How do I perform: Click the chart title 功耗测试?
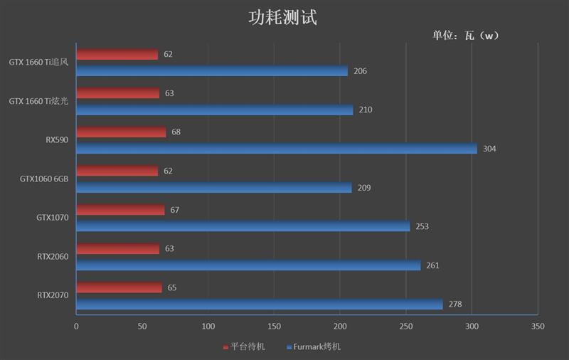click(283, 17)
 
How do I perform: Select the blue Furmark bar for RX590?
click(276, 149)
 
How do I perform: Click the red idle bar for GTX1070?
click(120, 210)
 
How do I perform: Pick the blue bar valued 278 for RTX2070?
click(259, 305)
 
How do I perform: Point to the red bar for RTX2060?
click(117, 249)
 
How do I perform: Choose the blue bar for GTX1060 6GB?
click(213, 188)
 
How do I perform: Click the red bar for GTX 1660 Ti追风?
click(117, 55)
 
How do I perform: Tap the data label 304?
click(489, 149)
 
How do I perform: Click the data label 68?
click(177, 132)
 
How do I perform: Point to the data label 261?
click(432, 265)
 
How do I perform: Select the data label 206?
click(360, 71)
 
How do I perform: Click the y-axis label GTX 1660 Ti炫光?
click(38, 101)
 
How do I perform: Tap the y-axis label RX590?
click(56, 140)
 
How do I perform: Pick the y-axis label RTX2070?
click(53, 295)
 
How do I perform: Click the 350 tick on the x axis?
click(538, 326)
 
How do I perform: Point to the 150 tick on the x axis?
click(274, 326)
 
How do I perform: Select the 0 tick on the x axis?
click(76, 326)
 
